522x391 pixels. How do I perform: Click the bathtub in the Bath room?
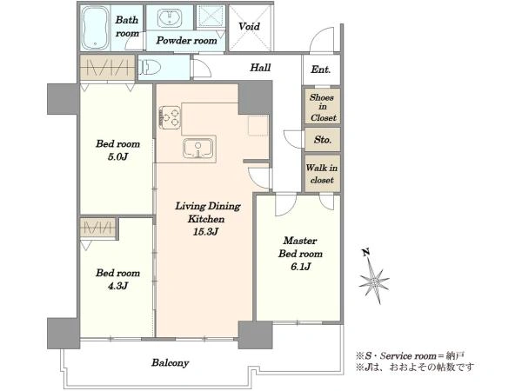[x=95, y=29]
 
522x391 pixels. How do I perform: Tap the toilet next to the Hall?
[x=149, y=67]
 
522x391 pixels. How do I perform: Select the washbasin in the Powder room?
[x=170, y=17]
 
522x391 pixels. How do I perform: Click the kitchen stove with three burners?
[x=170, y=117]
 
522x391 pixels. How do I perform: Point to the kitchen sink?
[x=197, y=148]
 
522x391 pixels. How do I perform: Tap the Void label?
[x=249, y=26]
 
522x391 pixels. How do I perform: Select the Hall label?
[x=260, y=68]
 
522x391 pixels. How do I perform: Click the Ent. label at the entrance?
[x=320, y=70]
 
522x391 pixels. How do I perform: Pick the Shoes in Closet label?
[x=323, y=108]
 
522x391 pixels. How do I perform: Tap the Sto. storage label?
[x=323, y=139]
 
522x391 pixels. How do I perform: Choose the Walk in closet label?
[x=322, y=174]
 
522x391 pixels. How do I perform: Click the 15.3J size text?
[x=205, y=232]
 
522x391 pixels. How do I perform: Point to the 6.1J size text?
[x=300, y=267]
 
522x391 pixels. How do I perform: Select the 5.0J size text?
[x=117, y=156]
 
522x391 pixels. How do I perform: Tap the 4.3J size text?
[x=117, y=286]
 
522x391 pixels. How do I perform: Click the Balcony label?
[x=171, y=362]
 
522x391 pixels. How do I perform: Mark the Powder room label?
[x=186, y=40]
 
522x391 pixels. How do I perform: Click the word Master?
[x=300, y=241]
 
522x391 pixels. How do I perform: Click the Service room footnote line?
[x=410, y=355]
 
